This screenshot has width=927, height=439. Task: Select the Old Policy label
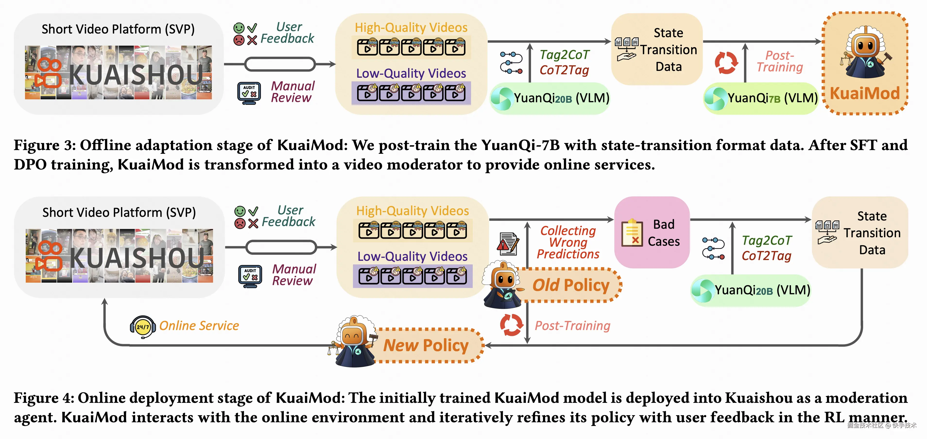[571, 285]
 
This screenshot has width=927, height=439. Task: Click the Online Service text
[199, 326]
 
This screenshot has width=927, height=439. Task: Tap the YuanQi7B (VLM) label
[772, 98]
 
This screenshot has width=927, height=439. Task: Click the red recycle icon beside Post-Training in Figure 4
[511, 325]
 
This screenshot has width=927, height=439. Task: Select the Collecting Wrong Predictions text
[568, 242]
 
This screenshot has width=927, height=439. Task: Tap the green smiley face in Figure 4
[240, 211]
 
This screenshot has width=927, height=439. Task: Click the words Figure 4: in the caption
[44, 398]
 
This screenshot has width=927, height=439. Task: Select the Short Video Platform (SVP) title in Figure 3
[118, 29]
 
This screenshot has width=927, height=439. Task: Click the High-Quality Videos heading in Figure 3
[411, 27]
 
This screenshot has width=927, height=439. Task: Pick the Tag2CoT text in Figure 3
[565, 55]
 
